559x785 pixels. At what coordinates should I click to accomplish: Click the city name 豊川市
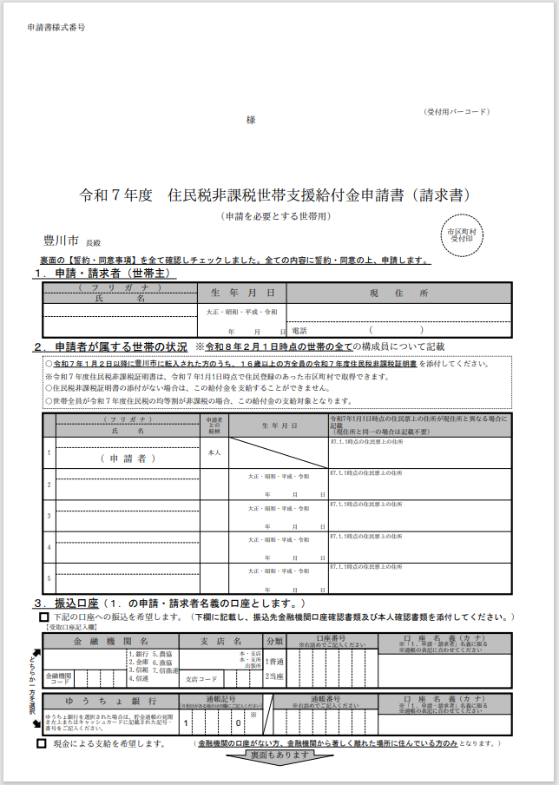tap(61, 240)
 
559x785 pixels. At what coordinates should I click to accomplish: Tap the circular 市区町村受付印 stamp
tap(460, 236)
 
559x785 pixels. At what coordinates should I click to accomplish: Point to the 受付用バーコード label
tap(457, 112)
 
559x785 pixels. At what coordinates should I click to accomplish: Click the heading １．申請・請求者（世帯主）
tap(104, 273)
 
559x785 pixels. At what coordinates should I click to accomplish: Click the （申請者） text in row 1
tap(128, 458)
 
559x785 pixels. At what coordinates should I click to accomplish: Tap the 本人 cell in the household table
tap(214, 452)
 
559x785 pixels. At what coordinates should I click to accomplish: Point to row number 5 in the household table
tap(49, 578)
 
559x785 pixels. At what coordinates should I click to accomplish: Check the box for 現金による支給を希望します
tap(41, 744)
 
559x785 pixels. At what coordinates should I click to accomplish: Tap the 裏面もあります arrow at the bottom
tap(279, 756)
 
